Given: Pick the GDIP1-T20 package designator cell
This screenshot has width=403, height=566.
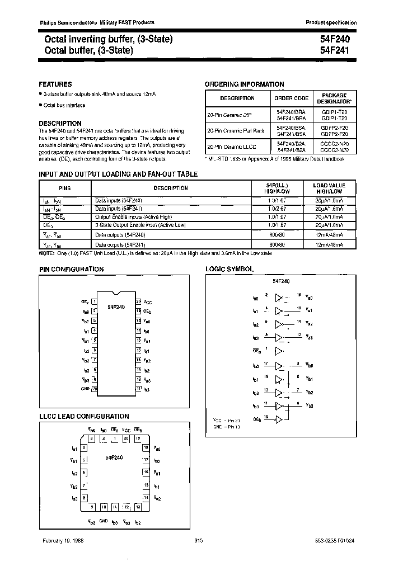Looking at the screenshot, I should [x=335, y=112].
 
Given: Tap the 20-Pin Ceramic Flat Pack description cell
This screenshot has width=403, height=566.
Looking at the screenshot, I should [x=236, y=131].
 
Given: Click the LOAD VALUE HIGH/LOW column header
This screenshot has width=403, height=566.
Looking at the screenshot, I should [x=329, y=188].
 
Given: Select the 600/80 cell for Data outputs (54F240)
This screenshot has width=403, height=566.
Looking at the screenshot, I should [x=275, y=236].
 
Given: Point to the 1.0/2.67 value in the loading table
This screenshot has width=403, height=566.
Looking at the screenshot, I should [x=275, y=207].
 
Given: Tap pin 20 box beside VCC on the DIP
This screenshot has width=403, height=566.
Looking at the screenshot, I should [x=138, y=302].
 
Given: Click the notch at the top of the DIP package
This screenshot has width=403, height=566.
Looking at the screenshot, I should [x=116, y=293].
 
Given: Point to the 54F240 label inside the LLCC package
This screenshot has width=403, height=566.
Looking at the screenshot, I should [x=115, y=457].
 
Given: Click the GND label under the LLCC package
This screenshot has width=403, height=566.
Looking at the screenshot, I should [x=103, y=521].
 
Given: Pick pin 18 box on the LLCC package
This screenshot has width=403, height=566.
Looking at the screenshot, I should [x=146, y=447].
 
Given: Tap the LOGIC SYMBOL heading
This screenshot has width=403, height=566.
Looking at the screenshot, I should [x=229, y=269].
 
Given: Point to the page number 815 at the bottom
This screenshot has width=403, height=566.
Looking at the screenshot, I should [x=199, y=541].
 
